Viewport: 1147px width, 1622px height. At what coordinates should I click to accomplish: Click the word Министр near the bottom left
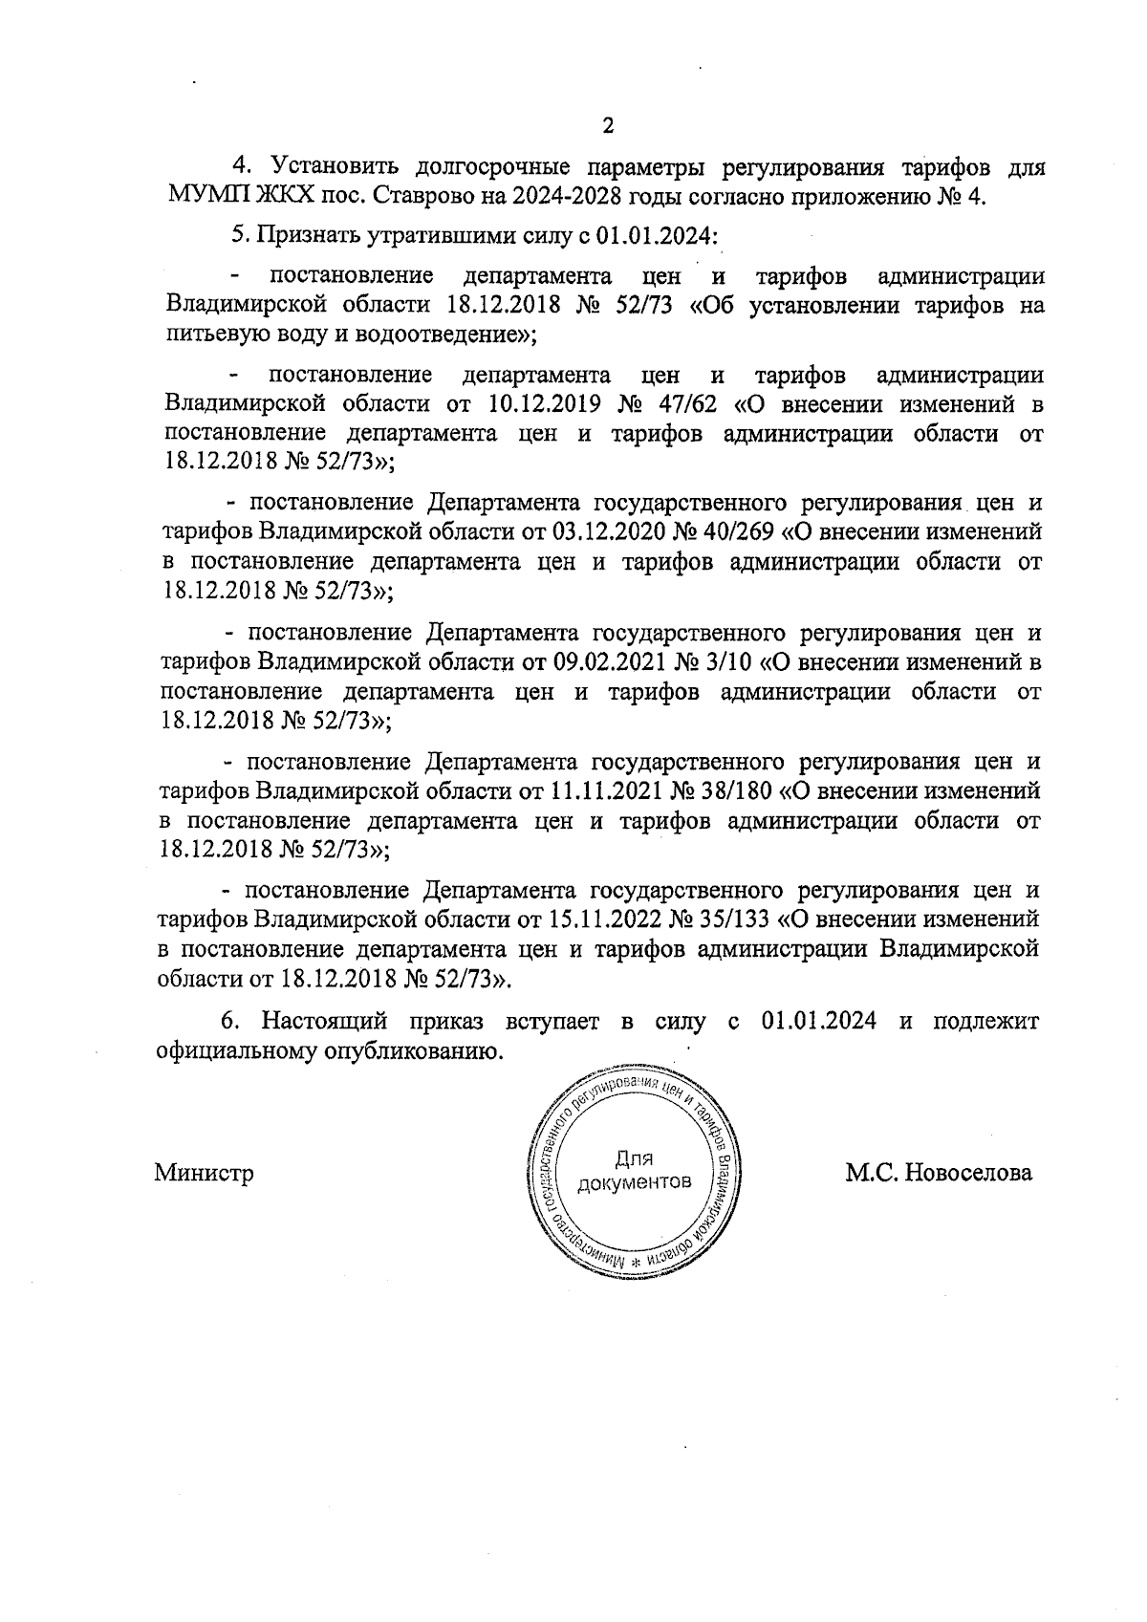pyautogui.click(x=204, y=1172)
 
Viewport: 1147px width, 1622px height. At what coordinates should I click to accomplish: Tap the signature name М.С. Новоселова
pyautogui.click(x=939, y=1172)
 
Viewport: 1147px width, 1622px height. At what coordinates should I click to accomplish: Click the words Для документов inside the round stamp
pyautogui.click(x=634, y=1171)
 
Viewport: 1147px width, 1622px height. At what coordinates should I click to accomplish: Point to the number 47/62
pyautogui.click(x=690, y=402)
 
